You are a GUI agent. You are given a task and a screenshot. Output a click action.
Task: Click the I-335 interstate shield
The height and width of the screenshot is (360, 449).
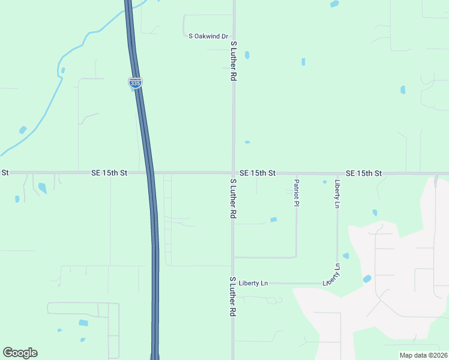[135, 83]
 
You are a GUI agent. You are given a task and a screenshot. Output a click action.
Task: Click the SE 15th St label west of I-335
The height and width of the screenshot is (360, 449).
[109, 173]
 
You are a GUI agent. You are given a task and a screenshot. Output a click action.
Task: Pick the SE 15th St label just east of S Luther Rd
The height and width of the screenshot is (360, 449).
[257, 173]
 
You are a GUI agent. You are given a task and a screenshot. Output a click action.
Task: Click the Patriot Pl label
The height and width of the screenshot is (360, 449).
[297, 192]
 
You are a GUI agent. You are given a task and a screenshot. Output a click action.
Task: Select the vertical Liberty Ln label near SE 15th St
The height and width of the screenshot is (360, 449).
[338, 193]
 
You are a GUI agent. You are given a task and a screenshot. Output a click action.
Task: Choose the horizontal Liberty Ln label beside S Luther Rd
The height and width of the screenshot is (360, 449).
[253, 283]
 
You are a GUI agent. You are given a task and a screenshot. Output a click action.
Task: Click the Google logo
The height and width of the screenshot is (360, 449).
[20, 353]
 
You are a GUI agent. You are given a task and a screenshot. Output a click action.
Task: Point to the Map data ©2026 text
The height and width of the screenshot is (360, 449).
[423, 355]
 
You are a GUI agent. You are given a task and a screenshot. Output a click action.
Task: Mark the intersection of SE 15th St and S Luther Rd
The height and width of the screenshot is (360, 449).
[234, 173]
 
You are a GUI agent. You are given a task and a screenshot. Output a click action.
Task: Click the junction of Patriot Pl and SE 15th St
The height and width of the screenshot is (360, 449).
[297, 173]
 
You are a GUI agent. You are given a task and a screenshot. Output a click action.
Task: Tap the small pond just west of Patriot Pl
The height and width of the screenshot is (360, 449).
[274, 220]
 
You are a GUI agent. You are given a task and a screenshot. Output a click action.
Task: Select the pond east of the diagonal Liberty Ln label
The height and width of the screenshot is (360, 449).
[367, 278]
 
